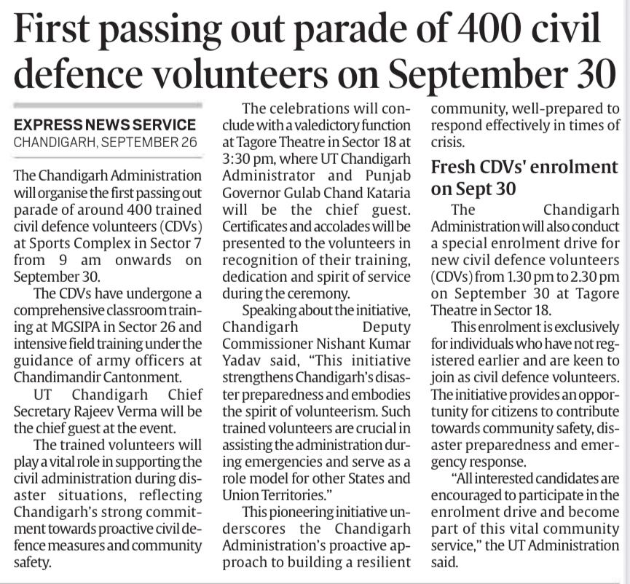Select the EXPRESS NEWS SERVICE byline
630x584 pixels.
pyautogui.click(x=105, y=125)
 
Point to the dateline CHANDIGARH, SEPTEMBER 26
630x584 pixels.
pyautogui.click(x=105, y=141)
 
